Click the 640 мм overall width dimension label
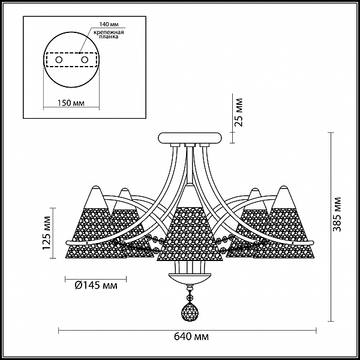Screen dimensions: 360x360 pyautogui.click(x=191, y=337)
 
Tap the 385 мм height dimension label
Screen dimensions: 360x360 pyautogui.click(x=337, y=214)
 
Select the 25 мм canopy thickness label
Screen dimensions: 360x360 pyautogui.click(x=239, y=112)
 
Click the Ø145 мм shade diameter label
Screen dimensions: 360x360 pyautogui.click(x=96, y=286)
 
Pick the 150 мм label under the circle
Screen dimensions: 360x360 pyautogui.click(x=71, y=103)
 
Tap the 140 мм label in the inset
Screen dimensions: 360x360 pyautogui.click(x=109, y=25)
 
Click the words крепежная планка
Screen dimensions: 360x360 pyautogui.click(x=109, y=34)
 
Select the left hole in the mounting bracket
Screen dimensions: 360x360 pyautogui.click(x=59, y=60)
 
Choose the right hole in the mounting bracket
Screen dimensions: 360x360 pyautogui.click(x=85, y=60)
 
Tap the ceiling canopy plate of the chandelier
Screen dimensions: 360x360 pyautogui.click(x=190, y=138)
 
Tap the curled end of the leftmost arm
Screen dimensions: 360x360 pyautogui.click(x=67, y=242)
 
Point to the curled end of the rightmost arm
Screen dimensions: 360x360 pyautogui.click(x=312, y=242)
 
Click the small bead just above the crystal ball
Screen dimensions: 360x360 pyautogui.click(x=190, y=298)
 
